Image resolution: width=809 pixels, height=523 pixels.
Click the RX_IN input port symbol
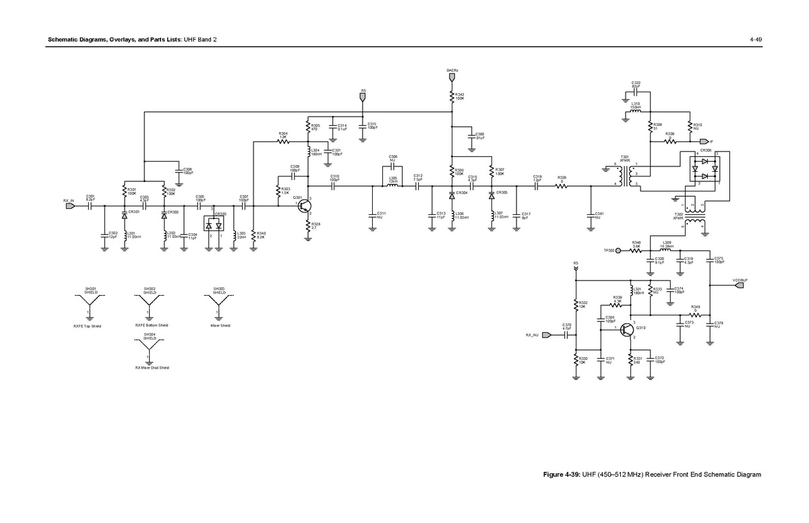click(x=70, y=207)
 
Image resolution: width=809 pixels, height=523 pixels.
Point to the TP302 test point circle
click(x=618, y=251)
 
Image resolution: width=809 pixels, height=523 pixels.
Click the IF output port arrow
click(x=705, y=141)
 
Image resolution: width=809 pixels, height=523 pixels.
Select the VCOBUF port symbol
click(x=740, y=285)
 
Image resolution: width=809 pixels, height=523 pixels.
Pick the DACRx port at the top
click(x=452, y=78)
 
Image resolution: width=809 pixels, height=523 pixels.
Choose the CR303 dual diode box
click(x=214, y=224)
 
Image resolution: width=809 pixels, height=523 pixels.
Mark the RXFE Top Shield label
click(x=87, y=326)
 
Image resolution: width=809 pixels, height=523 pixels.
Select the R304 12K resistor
click(x=283, y=142)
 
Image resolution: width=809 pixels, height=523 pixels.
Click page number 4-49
click(x=755, y=39)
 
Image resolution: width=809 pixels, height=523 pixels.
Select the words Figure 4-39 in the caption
click(x=562, y=474)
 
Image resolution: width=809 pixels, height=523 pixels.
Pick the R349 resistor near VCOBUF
click(x=696, y=315)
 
